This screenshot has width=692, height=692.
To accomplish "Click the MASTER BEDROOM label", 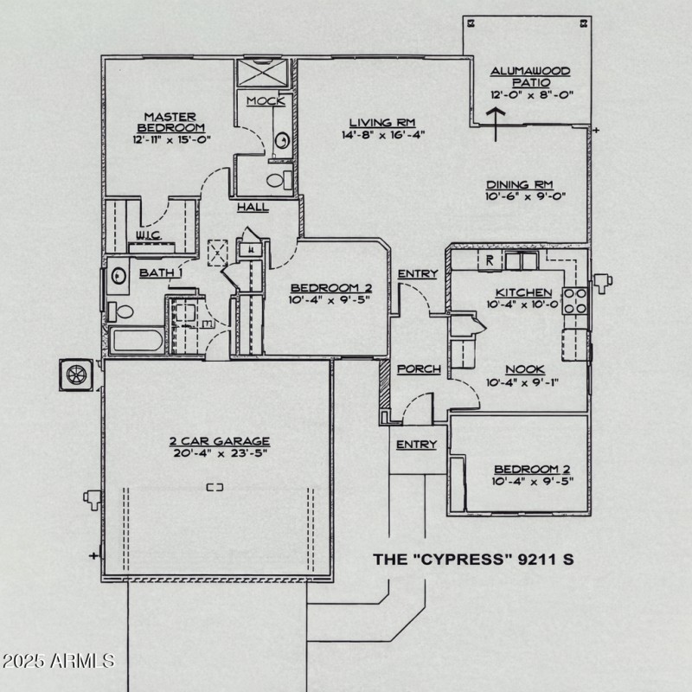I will (x=170, y=122).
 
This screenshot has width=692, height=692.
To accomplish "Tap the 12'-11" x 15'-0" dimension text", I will (x=172, y=139).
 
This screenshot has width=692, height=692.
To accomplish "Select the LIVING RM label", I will (x=379, y=122).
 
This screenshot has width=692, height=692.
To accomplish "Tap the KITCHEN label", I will (x=523, y=292).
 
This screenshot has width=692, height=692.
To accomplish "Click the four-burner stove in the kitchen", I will (x=575, y=300).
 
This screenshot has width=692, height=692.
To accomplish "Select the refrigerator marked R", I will (x=490, y=259).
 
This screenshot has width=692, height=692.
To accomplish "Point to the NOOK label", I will (x=525, y=369).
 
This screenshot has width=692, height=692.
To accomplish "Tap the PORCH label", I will (x=419, y=369).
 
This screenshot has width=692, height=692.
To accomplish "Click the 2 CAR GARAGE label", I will (x=219, y=440).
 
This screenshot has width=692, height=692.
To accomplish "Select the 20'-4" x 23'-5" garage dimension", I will (x=219, y=453).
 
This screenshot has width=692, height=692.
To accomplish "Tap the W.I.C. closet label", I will (x=146, y=235).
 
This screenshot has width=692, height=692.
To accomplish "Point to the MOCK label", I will (x=266, y=101).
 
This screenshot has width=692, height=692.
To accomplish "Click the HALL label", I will (x=253, y=208).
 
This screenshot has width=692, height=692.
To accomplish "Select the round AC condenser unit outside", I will (x=75, y=374).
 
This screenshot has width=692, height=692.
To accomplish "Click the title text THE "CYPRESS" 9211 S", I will (x=473, y=559).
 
